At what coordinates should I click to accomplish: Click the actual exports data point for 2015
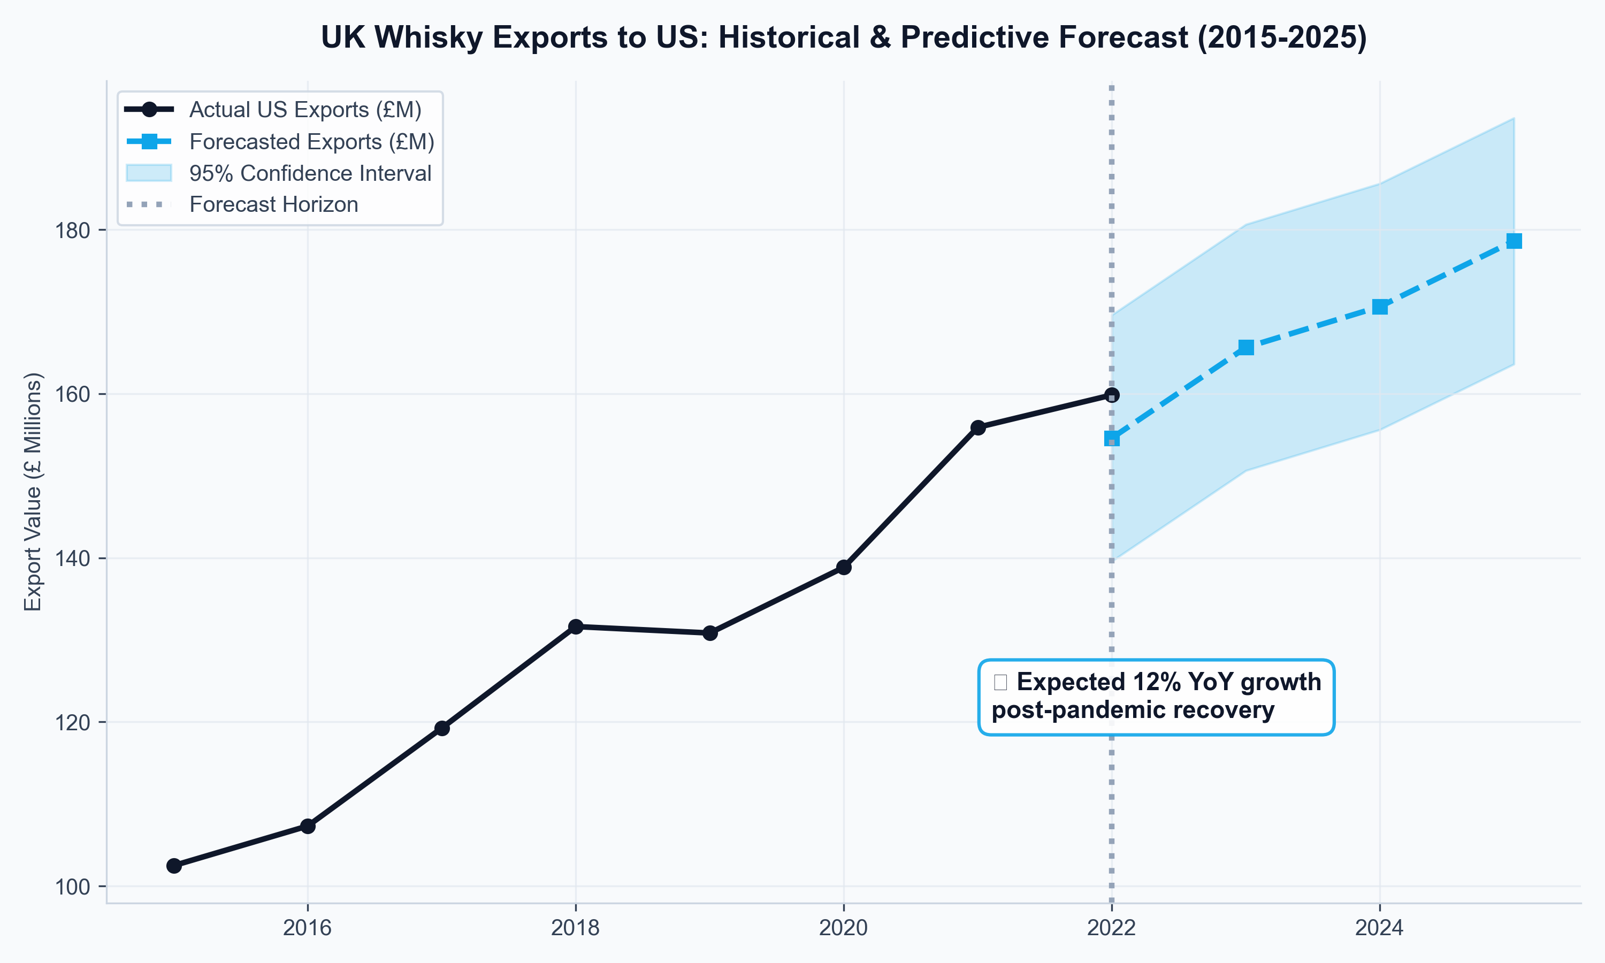174,866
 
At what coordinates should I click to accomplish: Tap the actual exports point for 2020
843,567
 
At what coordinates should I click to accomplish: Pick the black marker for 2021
977,427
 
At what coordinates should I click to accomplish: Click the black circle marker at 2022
1112,394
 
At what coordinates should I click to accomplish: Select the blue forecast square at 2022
1112,439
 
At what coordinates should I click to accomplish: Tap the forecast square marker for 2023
1245,348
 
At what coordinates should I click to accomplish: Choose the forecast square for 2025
1514,241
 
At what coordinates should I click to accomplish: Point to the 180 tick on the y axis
72,231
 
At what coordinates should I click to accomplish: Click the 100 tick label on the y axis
72,887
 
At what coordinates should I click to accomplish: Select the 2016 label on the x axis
308,928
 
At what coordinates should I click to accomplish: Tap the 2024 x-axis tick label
1379,928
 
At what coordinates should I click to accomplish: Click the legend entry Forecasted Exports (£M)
311,141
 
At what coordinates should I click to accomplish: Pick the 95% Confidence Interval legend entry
310,173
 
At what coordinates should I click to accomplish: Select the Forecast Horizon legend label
273,204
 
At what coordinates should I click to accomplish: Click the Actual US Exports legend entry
305,110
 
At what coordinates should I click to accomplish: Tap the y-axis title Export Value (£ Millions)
33,491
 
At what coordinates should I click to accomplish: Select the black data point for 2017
442,728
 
